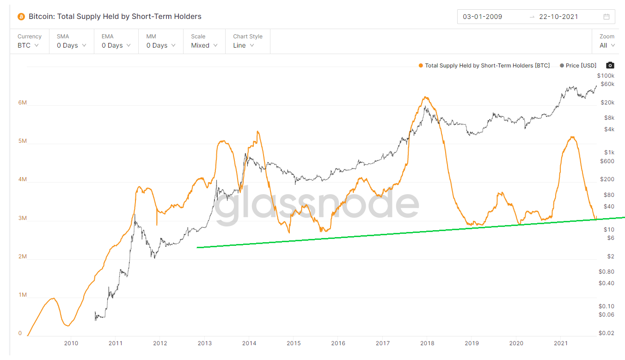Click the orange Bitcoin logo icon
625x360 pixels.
point(21,17)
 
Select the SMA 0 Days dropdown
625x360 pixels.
point(71,45)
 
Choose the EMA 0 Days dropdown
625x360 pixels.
point(116,45)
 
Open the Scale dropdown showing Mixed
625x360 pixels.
point(204,45)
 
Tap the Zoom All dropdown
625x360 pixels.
point(607,45)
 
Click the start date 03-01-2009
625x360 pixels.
point(482,17)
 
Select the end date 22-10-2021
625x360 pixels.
point(558,17)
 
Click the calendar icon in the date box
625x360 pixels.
point(607,17)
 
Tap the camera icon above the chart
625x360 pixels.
point(610,66)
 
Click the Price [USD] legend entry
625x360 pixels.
point(578,66)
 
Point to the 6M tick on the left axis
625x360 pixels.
point(23,103)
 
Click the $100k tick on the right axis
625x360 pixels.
point(606,75)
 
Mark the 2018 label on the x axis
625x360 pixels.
point(427,343)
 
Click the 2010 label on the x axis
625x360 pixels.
point(71,343)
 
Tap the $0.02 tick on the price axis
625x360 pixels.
point(607,333)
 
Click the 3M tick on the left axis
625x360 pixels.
point(23,218)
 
